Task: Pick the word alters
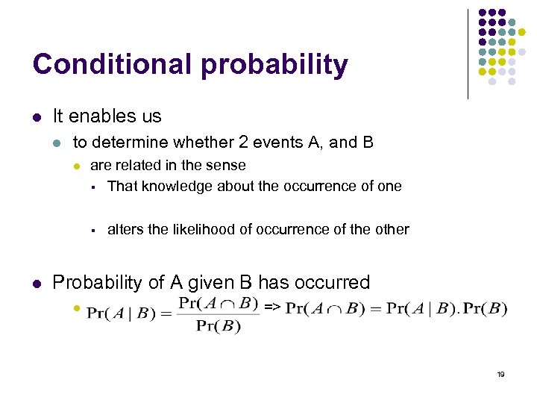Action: pyautogui.click(x=125, y=229)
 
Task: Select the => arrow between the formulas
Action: pyautogui.click(x=272, y=307)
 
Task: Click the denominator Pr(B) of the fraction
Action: pyautogui.click(x=219, y=327)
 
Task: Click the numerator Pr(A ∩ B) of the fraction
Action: pyautogui.click(x=218, y=303)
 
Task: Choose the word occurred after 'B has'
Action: pyautogui.click(x=333, y=283)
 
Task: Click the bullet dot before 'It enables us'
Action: pyautogui.click(x=37, y=117)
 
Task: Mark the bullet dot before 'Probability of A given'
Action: pyautogui.click(x=37, y=284)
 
